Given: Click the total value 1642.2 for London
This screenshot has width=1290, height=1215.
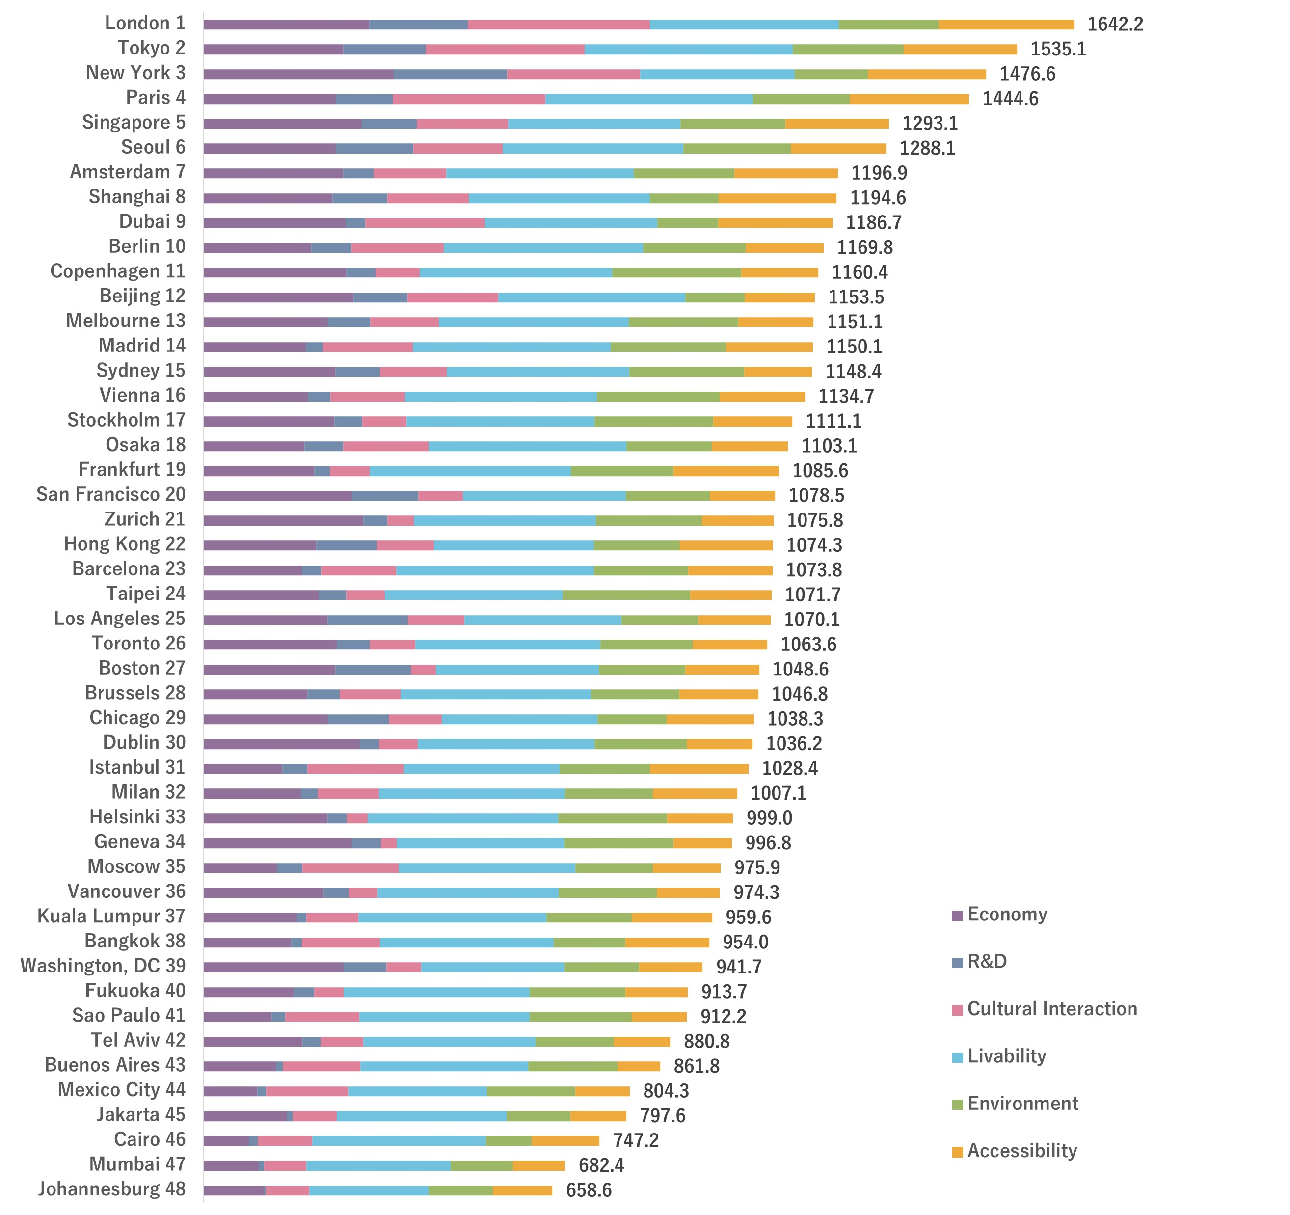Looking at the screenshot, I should click(1115, 24).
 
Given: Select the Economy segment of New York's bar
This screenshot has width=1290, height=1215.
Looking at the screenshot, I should click(298, 74).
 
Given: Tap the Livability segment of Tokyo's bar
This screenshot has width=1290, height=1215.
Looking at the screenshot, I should click(689, 49).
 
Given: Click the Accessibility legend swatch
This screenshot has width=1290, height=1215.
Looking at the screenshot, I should click(957, 1152).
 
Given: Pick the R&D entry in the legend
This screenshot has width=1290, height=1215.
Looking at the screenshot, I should click(986, 961).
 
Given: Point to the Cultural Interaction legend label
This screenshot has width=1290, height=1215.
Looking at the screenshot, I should click(1052, 1009).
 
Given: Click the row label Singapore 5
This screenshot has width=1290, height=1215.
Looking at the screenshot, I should click(133, 122).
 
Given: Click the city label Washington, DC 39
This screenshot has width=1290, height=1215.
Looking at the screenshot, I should click(103, 965).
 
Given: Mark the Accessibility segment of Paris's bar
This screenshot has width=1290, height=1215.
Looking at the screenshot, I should click(909, 99).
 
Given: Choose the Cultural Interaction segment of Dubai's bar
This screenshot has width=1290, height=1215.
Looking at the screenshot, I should click(425, 222).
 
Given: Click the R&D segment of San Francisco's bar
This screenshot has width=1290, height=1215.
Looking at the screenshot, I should click(385, 496).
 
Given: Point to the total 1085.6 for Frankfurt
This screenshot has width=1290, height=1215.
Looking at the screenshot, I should click(820, 471).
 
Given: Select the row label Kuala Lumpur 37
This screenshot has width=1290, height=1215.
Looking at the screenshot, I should click(111, 916).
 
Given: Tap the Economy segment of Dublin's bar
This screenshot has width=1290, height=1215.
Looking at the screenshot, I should click(282, 744).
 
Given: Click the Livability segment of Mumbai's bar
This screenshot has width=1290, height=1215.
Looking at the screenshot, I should click(378, 1166).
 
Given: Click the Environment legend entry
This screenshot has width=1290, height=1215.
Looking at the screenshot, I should click(1022, 1104).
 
